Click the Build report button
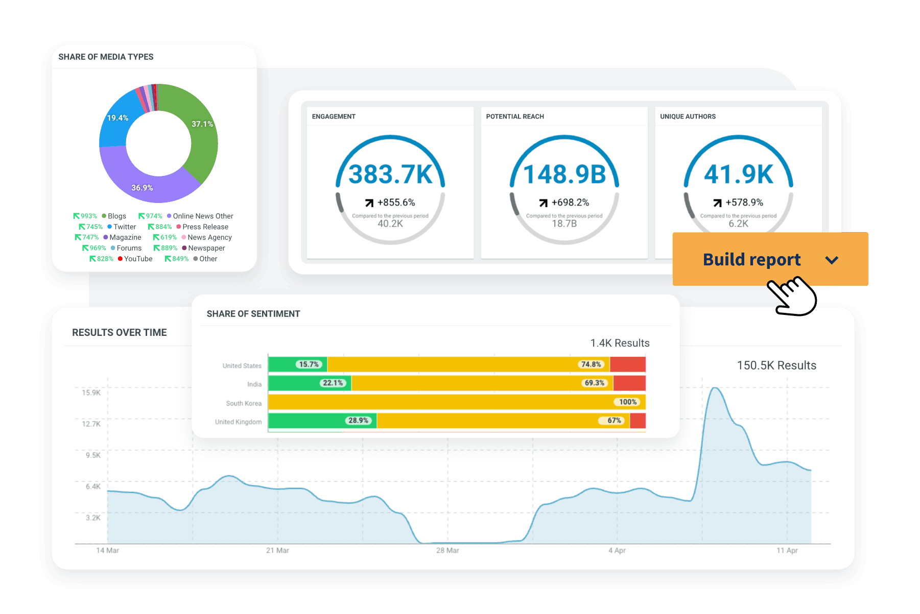[751, 260]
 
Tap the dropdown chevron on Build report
[832, 260]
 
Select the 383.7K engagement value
[390, 174]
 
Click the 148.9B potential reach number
[564, 174]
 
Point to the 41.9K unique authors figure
[739, 174]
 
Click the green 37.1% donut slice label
[202, 124]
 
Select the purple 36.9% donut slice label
[142, 188]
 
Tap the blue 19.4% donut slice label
[117, 118]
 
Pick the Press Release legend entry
[205, 227]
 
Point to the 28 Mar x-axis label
[447, 551]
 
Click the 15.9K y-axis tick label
[91, 393]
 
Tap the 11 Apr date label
[787, 551]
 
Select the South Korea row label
[244, 403]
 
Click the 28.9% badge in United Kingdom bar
[358, 421]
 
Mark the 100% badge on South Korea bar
[628, 402]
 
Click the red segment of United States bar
[628, 365]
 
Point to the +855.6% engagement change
[396, 202]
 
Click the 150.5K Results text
[776, 366]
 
